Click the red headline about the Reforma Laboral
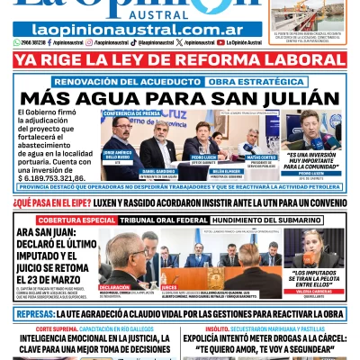point(180,61)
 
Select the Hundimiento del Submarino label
point(272,220)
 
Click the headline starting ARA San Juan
point(56,250)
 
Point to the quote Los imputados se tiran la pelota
point(312,277)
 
